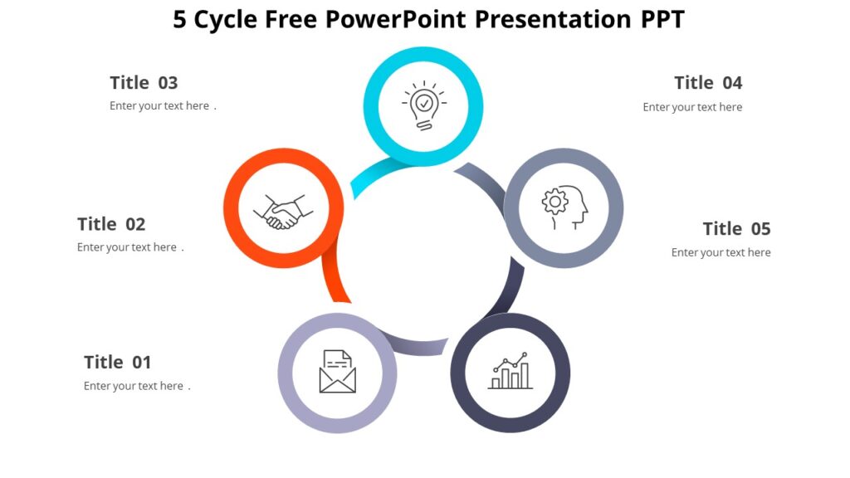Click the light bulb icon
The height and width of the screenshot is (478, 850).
click(424, 106)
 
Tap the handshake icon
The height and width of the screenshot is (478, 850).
click(283, 212)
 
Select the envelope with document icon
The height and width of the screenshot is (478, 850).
click(337, 372)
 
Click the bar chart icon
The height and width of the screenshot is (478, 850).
click(510, 372)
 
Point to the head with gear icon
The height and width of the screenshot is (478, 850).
click(564, 208)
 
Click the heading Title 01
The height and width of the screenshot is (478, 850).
click(117, 362)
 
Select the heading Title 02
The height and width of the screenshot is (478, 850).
click(111, 224)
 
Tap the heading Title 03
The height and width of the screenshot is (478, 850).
click(144, 83)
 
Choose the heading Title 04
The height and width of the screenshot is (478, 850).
click(708, 83)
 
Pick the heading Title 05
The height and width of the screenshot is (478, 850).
click(736, 229)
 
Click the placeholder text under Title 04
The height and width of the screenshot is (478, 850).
click(692, 107)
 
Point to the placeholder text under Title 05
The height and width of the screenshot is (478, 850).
click(721, 252)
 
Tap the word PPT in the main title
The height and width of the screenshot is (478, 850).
click(662, 20)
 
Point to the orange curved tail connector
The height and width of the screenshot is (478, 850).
click(335, 282)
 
